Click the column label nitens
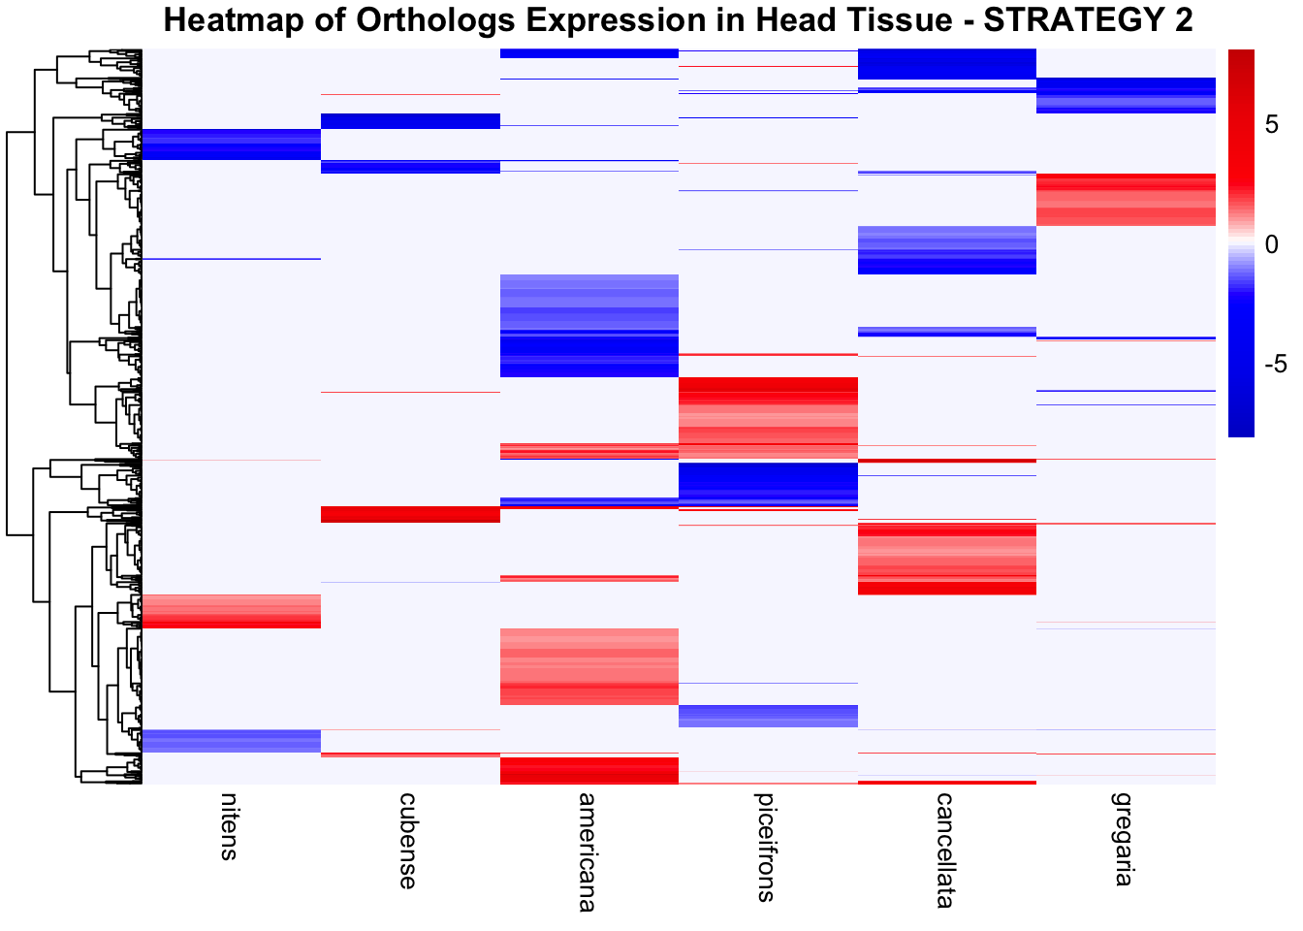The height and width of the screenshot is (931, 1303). tap(228, 826)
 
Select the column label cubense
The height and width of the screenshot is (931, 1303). tap(408, 841)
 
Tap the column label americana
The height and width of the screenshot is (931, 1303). tap(587, 852)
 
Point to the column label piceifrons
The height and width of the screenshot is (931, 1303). tap(766, 847)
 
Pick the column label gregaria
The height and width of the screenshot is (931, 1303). tap(1124, 839)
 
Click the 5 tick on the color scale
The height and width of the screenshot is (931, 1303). tap(1272, 125)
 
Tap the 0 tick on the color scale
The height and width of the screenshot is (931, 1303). tap(1272, 244)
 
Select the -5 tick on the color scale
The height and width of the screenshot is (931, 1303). tap(1276, 364)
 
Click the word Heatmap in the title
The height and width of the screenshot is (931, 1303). tap(234, 20)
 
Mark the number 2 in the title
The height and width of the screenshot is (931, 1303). tap(1183, 20)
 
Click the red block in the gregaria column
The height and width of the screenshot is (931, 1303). tap(1126, 200)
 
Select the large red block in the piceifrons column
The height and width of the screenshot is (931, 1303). tap(768, 418)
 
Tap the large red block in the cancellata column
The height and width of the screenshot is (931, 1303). tap(947, 559)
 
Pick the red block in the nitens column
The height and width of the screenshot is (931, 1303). tap(231, 611)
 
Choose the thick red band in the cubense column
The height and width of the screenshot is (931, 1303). tap(410, 514)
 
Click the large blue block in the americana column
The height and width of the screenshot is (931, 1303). tap(588, 326)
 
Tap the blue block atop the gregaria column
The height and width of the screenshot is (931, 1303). tap(1126, 95)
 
